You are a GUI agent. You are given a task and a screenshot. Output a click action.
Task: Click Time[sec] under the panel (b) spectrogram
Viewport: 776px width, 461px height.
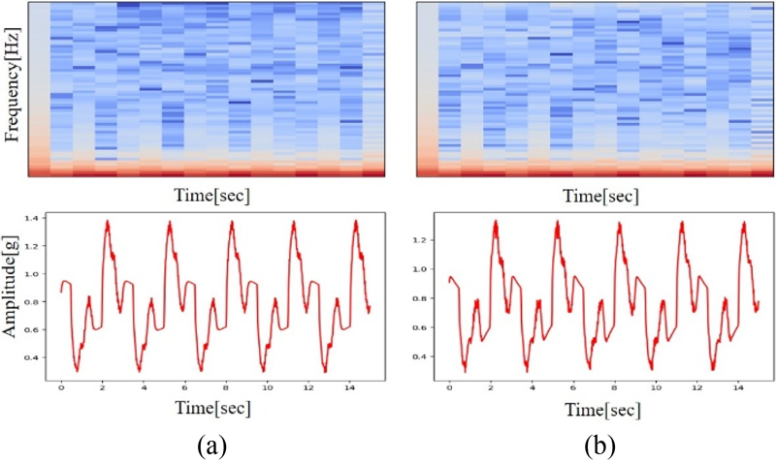pyautogui.click(x=598, y=195)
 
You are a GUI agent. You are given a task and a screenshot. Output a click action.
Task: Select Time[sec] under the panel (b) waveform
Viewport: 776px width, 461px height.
pyautogui.click(x=598, y=408)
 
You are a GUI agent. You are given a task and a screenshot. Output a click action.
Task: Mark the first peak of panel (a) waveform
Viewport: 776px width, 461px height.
pyautogui.click(x=107, y=222)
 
